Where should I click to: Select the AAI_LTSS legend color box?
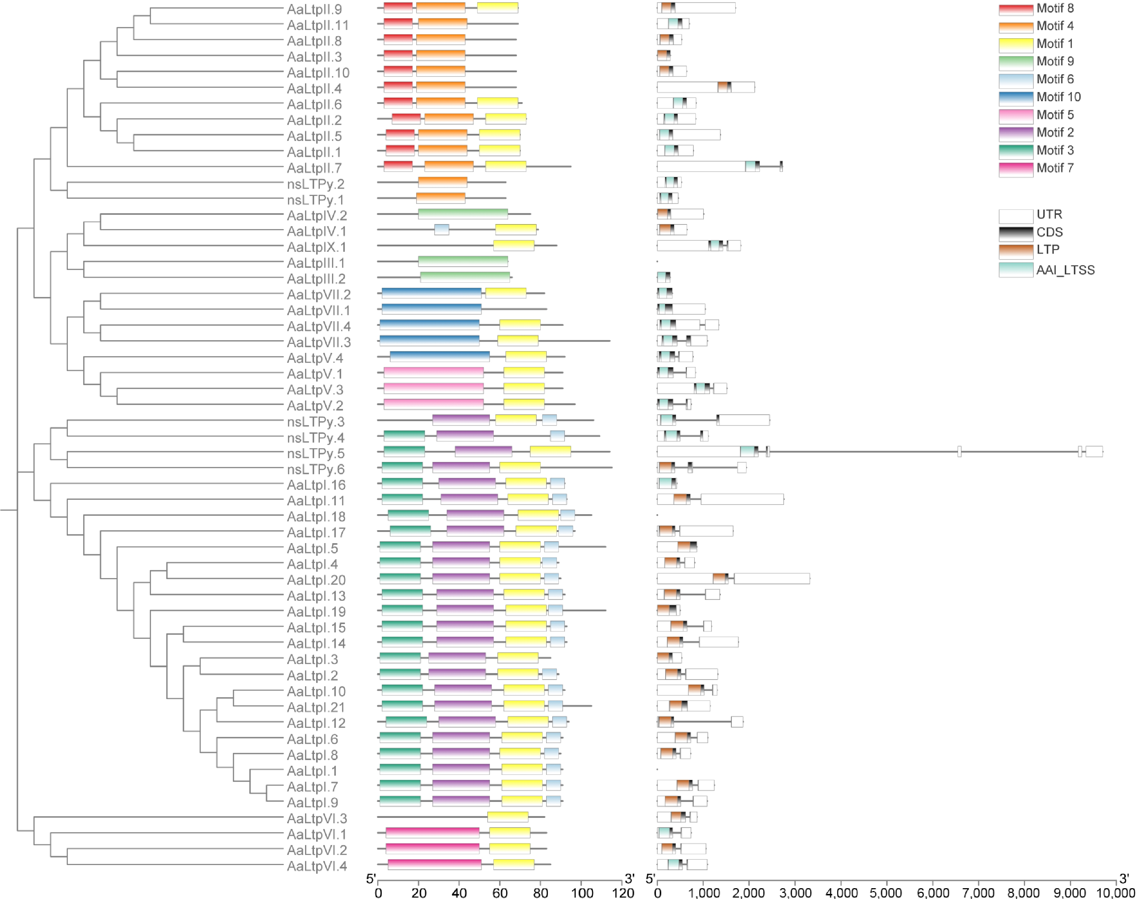coord(1015,270)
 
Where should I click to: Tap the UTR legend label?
coord(1049,214)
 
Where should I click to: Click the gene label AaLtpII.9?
coord(314,9)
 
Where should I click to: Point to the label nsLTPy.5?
coord(316,453)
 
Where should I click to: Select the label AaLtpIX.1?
coord(316,247)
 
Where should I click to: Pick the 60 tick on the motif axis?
coord(500,892)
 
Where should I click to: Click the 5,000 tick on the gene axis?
coord(886,892)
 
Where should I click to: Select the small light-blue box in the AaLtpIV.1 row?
coord(442,230)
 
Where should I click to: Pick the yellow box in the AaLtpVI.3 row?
coord(507,816)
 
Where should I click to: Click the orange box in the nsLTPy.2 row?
coord(442,182)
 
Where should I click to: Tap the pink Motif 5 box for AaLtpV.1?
coord(433,372)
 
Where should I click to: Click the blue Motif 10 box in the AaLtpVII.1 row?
coord(431,309)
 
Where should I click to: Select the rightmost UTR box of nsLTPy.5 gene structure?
coord(1094,451)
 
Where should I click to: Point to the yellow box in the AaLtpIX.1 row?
coord(513,245)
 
